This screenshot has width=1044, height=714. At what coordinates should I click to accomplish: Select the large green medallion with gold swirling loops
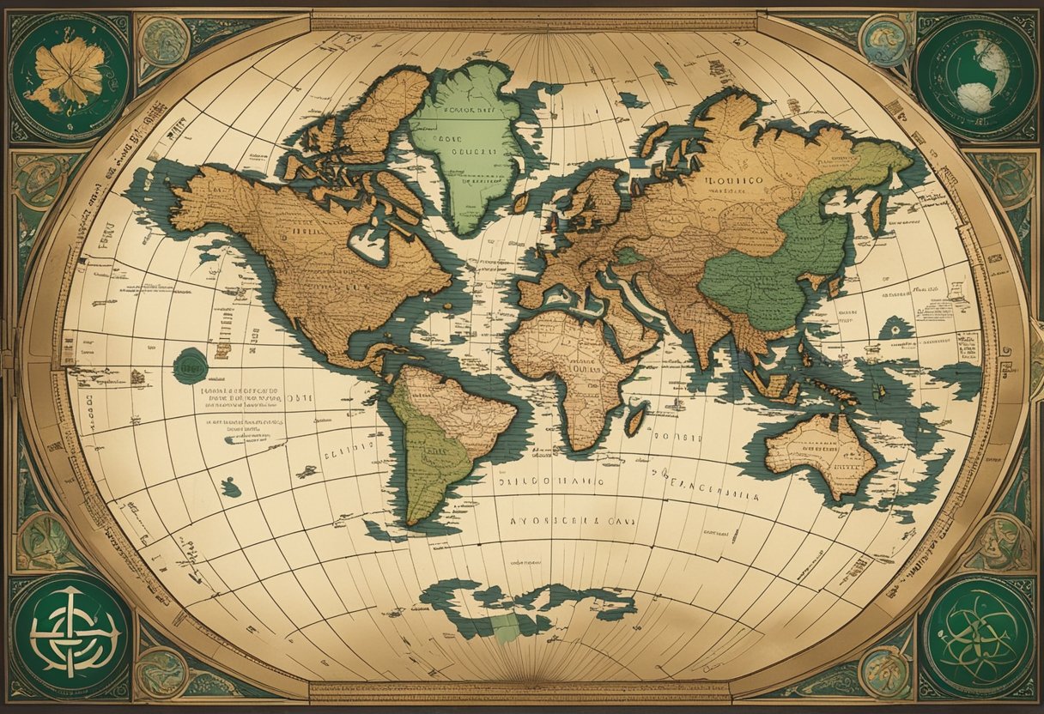(979, 635)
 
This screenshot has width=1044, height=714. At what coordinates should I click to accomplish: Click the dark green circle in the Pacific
(190, 366)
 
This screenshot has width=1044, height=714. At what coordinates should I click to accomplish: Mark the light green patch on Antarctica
(506, 627)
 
